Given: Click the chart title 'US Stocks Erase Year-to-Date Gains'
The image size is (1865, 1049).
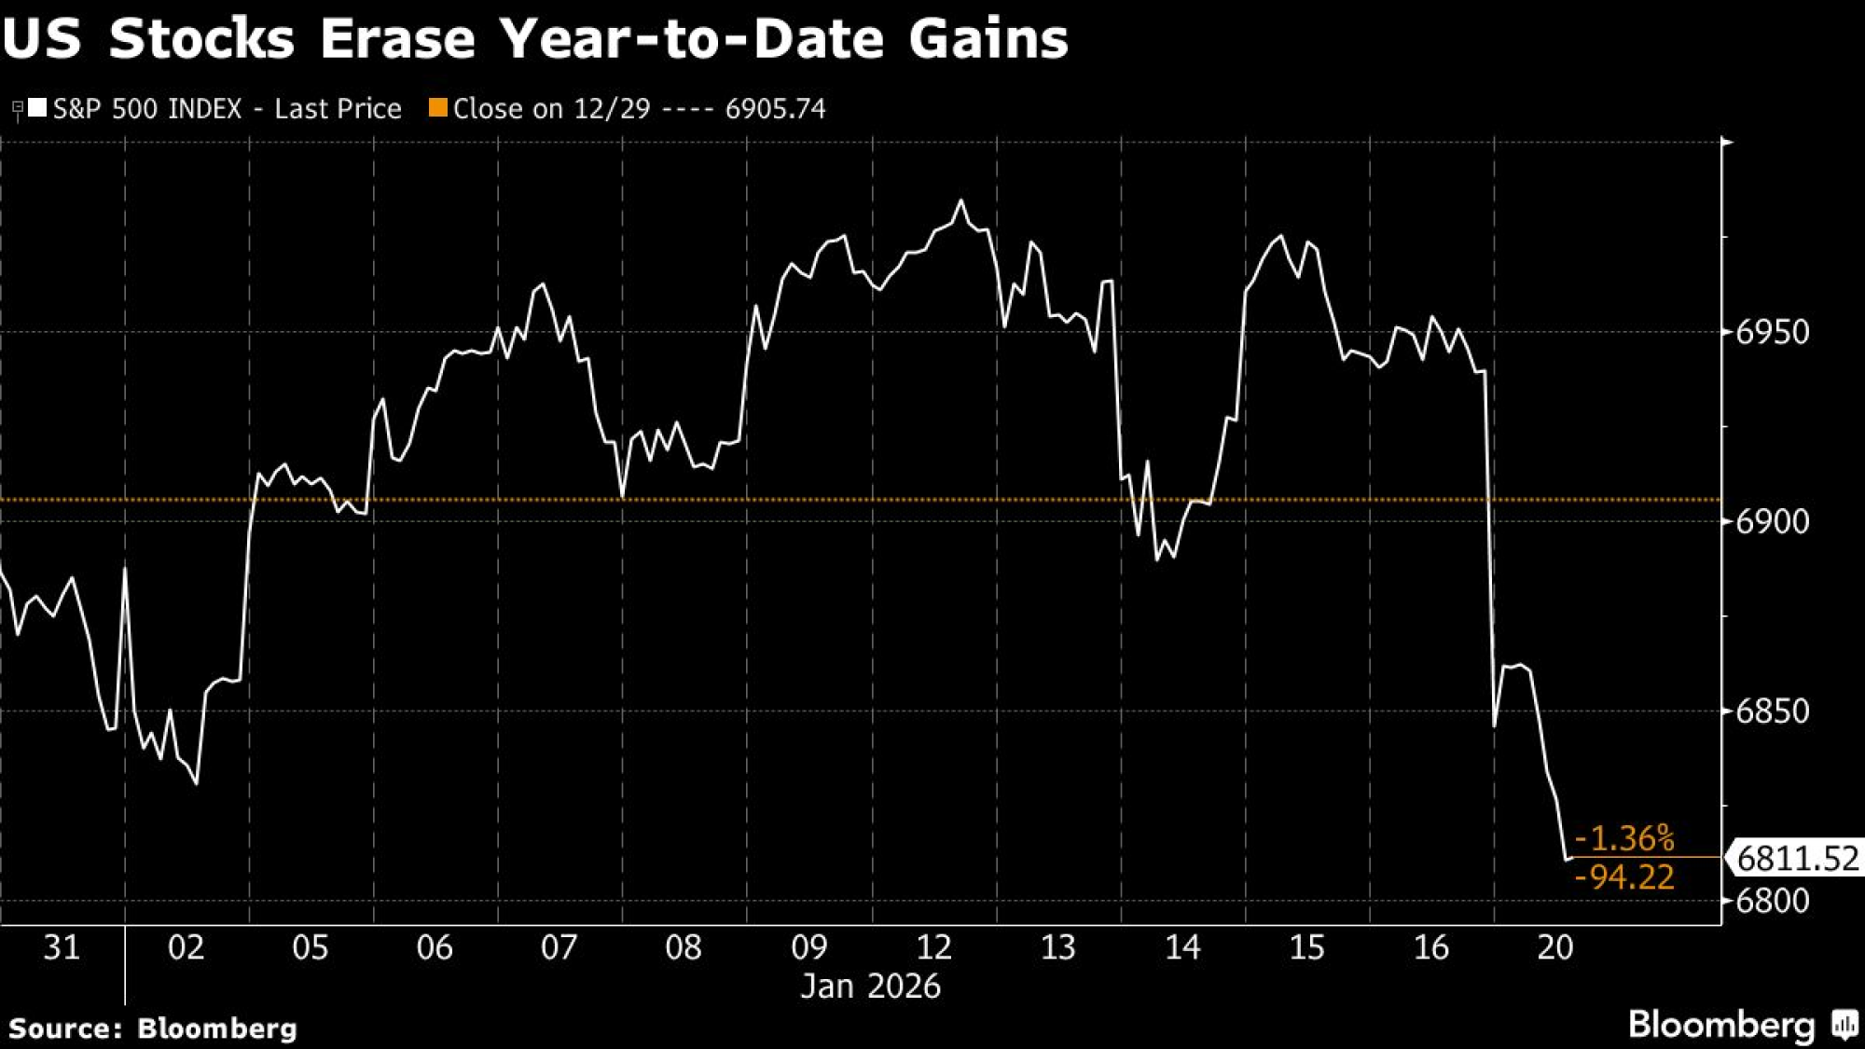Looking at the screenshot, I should pos(535,39).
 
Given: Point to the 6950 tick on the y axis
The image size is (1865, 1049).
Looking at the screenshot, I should pos(1772,332).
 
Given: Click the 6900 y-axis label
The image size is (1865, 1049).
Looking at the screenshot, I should pos(1772,521).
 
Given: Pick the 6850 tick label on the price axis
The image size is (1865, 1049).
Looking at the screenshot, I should pos(1772,711).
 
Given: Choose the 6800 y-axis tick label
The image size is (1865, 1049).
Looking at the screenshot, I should pos(1772,901).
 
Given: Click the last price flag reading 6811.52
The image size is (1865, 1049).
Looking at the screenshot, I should pos(1797,858).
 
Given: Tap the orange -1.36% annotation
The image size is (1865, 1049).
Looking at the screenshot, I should pos(1624,838).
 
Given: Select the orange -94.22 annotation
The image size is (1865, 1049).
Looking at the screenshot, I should pos(1624,877).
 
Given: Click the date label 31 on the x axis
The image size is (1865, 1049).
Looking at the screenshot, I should pos(62,947).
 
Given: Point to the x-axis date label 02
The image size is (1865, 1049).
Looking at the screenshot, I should pos(186,947).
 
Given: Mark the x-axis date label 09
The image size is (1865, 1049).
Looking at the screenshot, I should pos(808,947).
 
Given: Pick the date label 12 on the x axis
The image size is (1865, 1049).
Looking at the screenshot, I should pos(933,947).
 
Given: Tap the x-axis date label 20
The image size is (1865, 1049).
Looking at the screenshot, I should pos(1554,947).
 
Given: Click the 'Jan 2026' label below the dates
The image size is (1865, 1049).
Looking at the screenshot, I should pos(871,987).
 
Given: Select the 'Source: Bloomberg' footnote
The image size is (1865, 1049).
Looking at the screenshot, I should pos(153,1028).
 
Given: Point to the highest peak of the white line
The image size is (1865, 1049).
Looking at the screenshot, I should pos(961,200).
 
